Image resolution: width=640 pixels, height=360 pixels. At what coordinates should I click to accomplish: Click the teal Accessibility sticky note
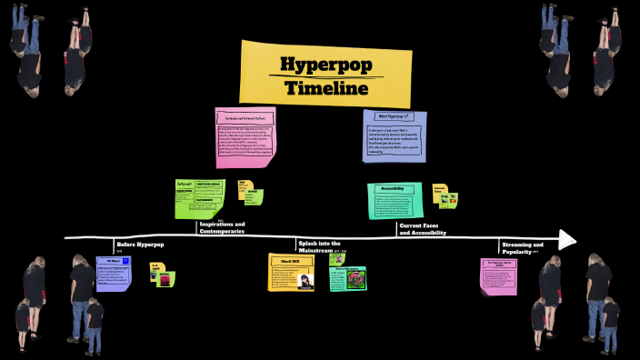pos(395,200)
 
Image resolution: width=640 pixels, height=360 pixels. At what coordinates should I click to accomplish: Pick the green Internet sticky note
pos(199,197)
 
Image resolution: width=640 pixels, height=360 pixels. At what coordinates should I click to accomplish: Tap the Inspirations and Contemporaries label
pos(222,227)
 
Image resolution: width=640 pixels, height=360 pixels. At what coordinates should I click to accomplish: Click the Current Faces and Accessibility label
pos(422,228)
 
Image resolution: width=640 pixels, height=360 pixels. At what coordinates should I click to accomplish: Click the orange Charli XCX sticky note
pos(292,273)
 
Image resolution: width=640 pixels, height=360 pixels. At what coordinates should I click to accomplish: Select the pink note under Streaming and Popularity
pos(498,275)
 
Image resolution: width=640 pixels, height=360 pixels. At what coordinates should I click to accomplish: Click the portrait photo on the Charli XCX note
pos(305,282)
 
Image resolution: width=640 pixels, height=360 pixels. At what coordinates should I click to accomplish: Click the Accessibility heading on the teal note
pos(393,189)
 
